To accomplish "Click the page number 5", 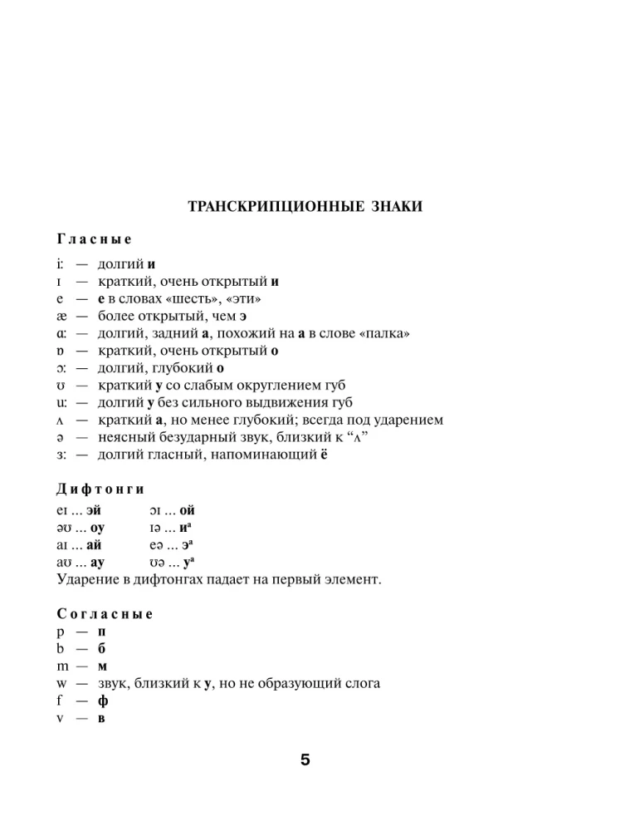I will point(305,760).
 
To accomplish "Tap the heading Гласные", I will point(94,239).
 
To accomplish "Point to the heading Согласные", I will point(105,615).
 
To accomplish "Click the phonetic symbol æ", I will point(62,316).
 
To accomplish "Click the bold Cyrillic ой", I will point(187,511).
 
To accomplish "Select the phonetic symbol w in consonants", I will point(62,684).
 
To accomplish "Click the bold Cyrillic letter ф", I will point(103,701).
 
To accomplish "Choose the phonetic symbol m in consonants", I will point(63,666).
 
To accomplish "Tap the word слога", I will point(363,684).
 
